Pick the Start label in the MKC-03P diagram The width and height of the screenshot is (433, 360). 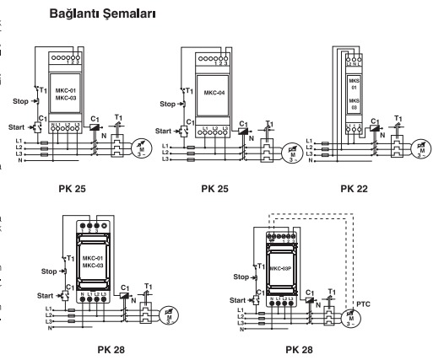point(242,298)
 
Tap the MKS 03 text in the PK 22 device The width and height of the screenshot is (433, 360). point(354,105)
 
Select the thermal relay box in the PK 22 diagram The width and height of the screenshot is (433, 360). point(391,152)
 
